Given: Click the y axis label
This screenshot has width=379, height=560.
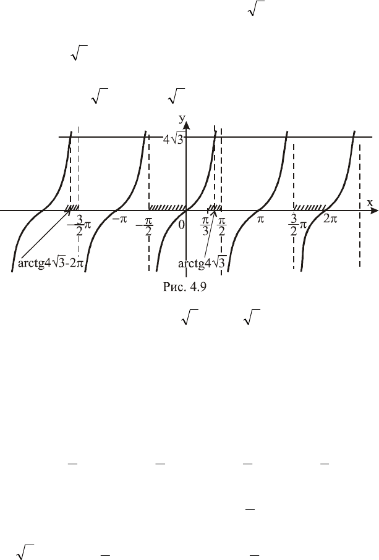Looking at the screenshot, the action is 182,119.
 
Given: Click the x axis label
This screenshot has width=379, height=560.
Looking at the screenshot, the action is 370,203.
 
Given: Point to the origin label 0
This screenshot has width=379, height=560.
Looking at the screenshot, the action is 182,225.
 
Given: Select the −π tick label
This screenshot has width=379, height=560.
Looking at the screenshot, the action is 119,219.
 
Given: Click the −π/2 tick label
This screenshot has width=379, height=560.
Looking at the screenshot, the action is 145,227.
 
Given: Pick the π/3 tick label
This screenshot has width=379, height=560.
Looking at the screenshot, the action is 205,226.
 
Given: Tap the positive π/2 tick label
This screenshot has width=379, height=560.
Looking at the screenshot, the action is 221,226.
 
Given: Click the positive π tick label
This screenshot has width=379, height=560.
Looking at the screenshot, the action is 260,219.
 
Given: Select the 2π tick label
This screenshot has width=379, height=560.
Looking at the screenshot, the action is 330,219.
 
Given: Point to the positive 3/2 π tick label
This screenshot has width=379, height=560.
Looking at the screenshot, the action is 297,225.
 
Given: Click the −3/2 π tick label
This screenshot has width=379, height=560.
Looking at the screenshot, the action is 79,225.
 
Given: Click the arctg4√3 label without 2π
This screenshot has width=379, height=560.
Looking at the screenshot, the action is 202,264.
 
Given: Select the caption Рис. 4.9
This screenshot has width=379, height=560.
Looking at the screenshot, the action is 185,286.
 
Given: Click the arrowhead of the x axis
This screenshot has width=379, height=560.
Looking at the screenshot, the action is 375,211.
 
